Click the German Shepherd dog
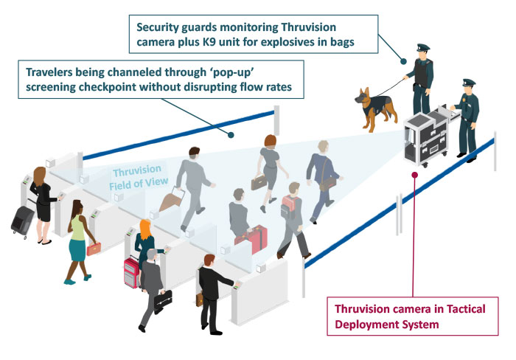click(x=376, y=108)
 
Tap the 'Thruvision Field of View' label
click(x=139, y=178)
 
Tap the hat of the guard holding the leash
click(x=423, y=47)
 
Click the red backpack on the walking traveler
click(x=289, y=207)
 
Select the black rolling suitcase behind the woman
click(x=23, y=221)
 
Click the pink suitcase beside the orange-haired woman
click(x=131, y=272)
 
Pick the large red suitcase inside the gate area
click(x=252, y=239)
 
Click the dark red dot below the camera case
click(x=414, y=175)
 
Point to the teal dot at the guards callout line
click(x=403, y=61)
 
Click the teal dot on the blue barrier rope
click(x=231, y=135)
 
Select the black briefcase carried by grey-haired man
click(x=163, y=300)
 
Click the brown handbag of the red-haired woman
click(x=259, y=182)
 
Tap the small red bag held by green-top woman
click(x=94, y=249)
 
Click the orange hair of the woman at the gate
click(x=145, y=229)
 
